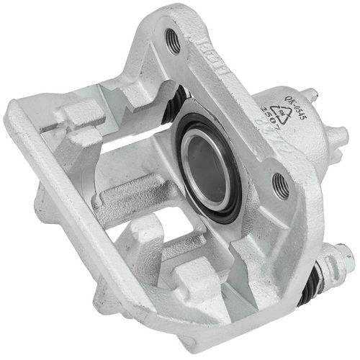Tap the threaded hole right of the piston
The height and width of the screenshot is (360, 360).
(282, 186)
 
